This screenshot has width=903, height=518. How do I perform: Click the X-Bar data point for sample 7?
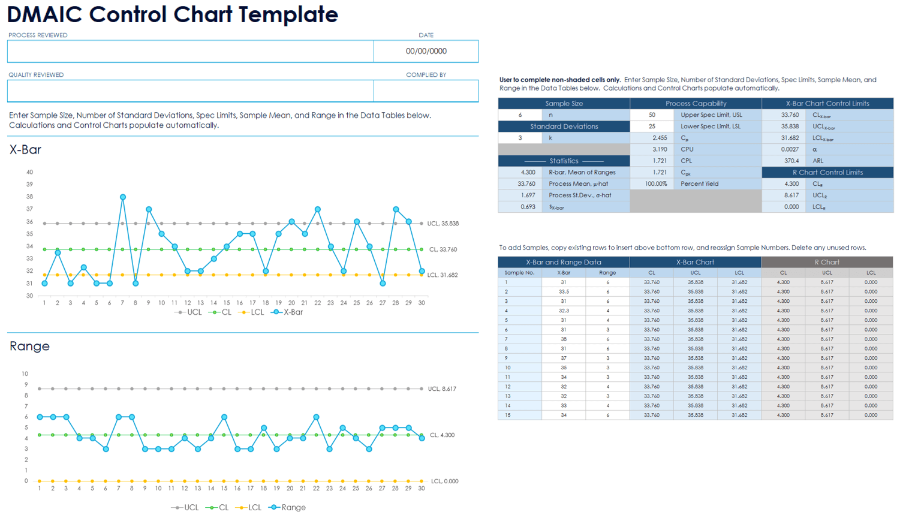coord(123,197)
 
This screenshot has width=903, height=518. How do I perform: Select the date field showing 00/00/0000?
coord(426,51)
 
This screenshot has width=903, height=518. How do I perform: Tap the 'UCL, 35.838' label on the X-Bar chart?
coord(443,224)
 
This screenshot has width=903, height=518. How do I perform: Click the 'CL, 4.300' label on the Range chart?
coord(443,435)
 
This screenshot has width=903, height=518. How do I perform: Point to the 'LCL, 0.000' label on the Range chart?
coord(444,481)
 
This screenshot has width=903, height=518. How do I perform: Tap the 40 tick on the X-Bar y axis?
coord(29,172)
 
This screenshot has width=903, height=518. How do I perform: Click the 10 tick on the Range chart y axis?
coord(25,374)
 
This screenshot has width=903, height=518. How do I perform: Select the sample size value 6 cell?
coord(520,115)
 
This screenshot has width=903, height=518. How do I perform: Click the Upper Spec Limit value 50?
coord(652,115)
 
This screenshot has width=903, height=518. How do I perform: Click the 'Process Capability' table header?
coord(696,104)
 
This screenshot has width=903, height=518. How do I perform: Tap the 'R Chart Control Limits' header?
coord(827,173)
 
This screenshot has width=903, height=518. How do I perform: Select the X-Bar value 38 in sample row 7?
coord(564,339)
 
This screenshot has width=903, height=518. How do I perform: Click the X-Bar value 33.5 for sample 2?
coord(564,292)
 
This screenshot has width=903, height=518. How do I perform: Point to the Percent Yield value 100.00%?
coord(656,184)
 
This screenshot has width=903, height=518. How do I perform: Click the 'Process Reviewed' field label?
coord(38,35)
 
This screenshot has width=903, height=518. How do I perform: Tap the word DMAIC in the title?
coord(44,14)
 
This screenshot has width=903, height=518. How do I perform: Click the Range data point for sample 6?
coord(106,449)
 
